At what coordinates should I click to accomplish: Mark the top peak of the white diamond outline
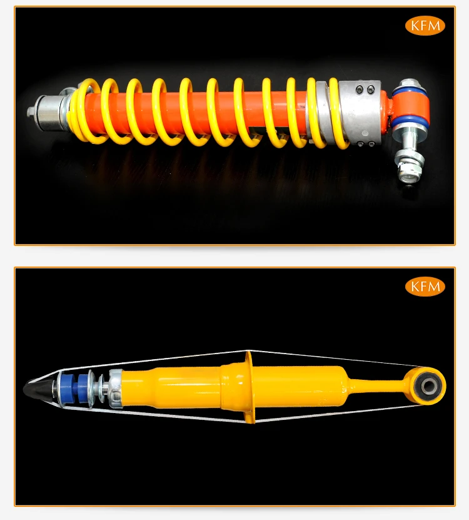249,350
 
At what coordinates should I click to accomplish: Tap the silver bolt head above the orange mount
410,84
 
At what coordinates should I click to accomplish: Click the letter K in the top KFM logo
415,26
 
